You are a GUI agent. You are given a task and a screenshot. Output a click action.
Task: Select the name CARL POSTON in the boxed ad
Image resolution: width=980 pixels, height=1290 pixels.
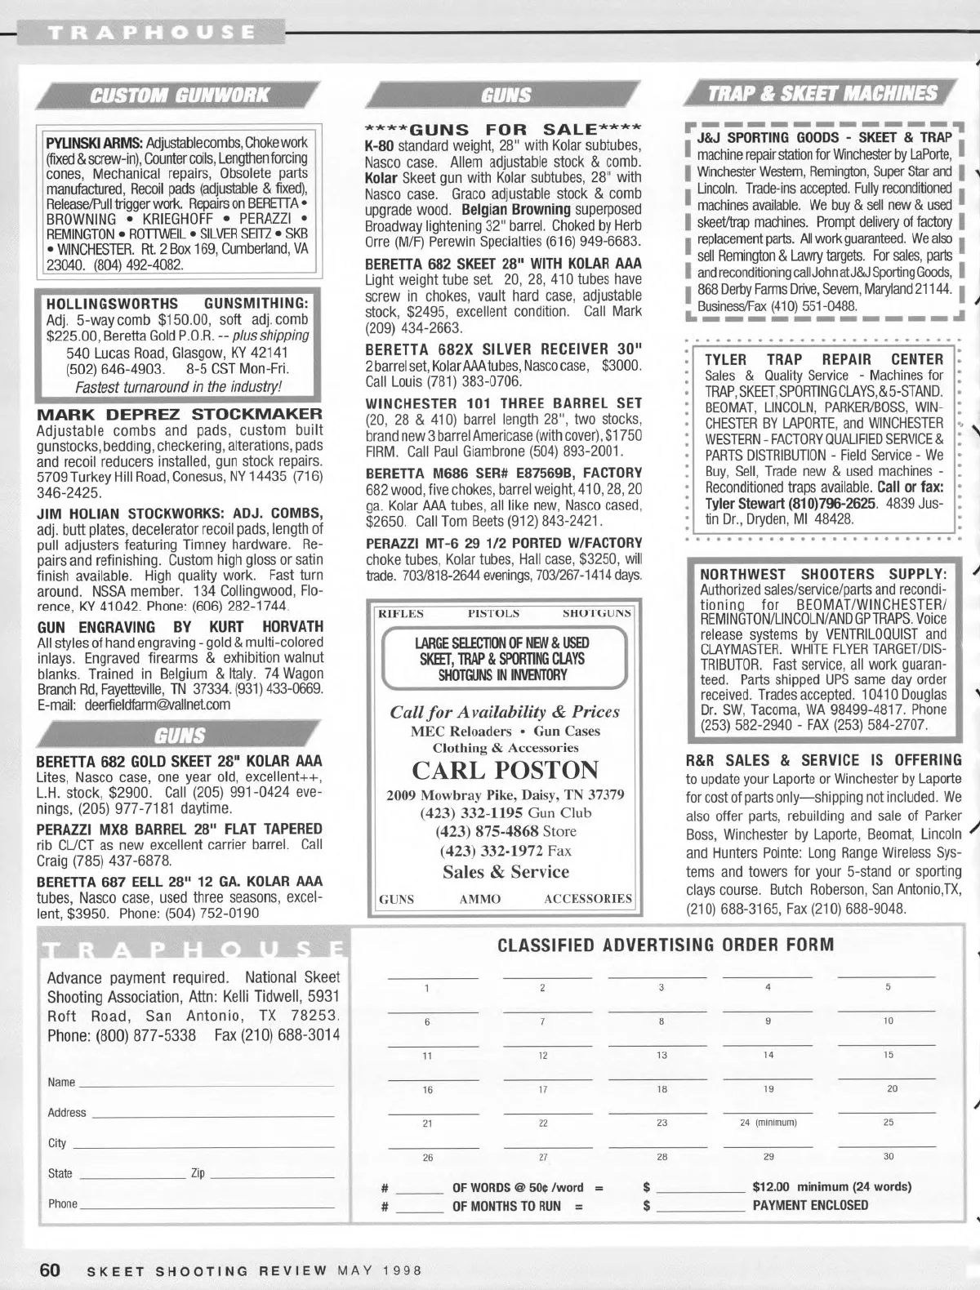click(x=505, y=770)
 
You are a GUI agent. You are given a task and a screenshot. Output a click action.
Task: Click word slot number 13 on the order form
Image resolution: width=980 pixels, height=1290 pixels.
click(x=661, y=1048)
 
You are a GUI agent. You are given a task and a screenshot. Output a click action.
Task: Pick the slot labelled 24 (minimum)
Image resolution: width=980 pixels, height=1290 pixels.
click(x=768, y=1115)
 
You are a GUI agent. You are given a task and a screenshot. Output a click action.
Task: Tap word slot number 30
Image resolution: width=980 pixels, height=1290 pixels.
click(x=889, y=1150)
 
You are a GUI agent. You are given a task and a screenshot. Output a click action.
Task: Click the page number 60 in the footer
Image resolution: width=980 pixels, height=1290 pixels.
click(x=50, y=1270)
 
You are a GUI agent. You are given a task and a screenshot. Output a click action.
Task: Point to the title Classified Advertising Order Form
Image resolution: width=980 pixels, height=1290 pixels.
click(x=666, y=945)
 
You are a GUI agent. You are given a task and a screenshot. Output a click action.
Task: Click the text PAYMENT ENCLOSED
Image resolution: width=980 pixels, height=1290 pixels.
click(x=810, y=1205)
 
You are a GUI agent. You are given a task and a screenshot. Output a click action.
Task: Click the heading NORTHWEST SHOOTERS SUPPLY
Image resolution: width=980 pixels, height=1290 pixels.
click(x=823, y=574)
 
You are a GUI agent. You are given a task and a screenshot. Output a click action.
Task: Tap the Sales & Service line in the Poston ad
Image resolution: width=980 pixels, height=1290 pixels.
click(x=505, y=871)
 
